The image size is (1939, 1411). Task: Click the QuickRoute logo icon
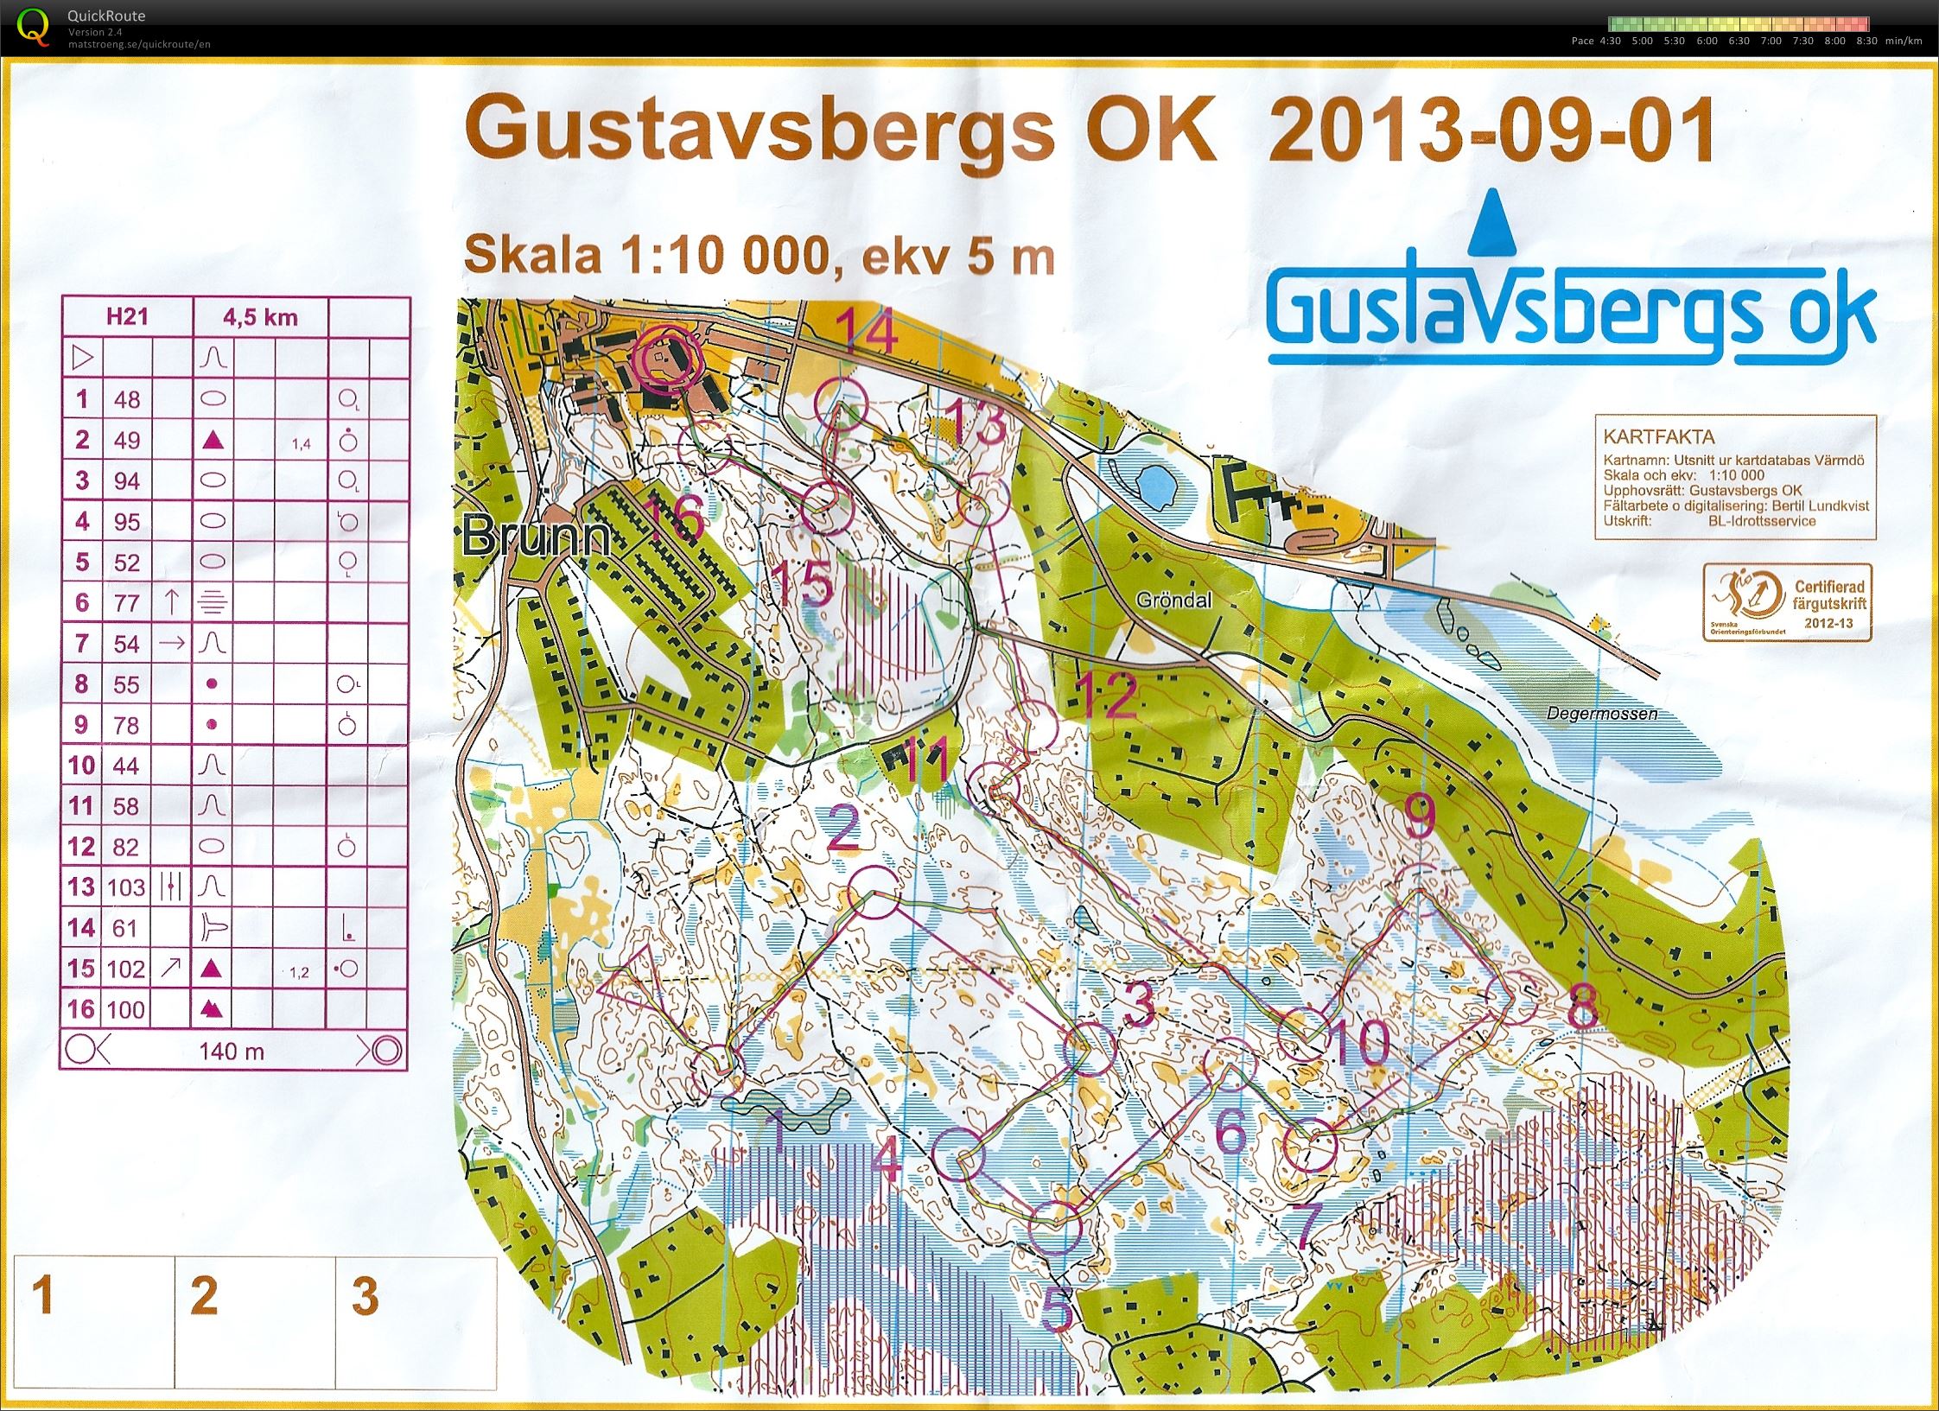33,25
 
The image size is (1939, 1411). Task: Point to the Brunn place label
536,537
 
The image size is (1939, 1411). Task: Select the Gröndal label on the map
1173,600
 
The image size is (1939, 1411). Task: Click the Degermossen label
1602,714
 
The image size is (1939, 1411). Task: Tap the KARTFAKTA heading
1646,436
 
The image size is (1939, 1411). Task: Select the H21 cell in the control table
127,316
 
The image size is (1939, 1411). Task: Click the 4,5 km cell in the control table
260,317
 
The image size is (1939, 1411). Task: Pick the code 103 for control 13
126,887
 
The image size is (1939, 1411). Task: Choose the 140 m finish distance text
231,1051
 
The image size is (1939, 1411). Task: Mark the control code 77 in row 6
126,602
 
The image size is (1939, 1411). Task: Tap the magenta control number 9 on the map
1421,814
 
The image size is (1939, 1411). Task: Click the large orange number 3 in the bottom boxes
365,1296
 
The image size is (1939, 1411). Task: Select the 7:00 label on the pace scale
1771,41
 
